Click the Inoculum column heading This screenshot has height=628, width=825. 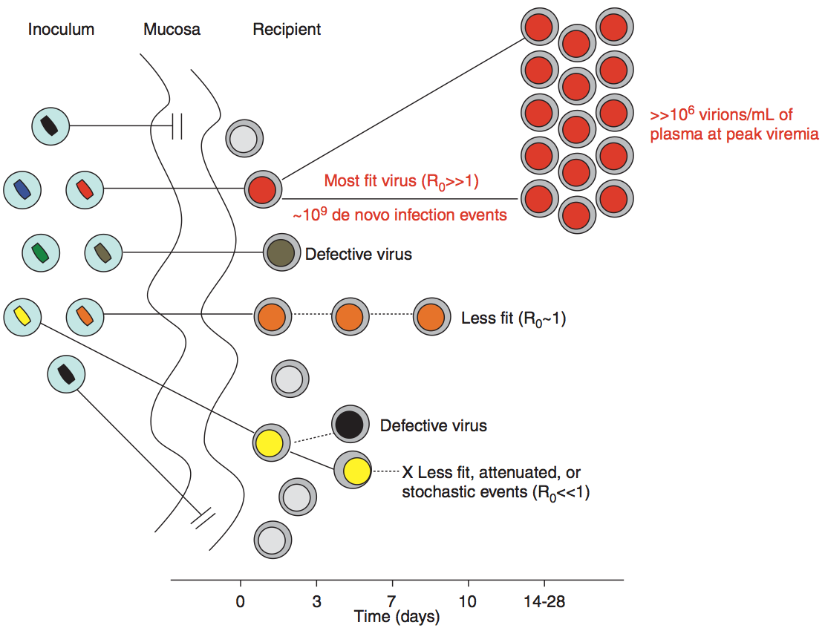click(62, 30)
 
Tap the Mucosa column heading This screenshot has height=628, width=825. click(172, 30)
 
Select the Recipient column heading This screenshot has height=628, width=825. click(287, 30)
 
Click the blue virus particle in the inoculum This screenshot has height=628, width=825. click(22, 189)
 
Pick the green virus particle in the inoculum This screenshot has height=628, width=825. click(41, 252)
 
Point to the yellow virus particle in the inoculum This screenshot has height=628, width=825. click(22, 315)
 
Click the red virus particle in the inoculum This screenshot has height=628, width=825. click(85, 189)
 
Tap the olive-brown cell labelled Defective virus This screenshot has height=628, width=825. click(282, 253)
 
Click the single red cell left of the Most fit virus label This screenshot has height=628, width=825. click(263, 189)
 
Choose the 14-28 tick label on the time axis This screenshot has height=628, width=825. click(544, 601)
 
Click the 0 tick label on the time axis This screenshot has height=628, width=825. click(240, 601)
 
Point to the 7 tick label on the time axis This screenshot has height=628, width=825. click(392, 601)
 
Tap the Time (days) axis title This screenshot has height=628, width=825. click(397, 617)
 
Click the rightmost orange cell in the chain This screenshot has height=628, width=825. click(431, 315)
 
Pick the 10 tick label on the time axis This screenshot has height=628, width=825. click(469, 601)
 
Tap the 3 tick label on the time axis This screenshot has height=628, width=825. click(316, 601)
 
